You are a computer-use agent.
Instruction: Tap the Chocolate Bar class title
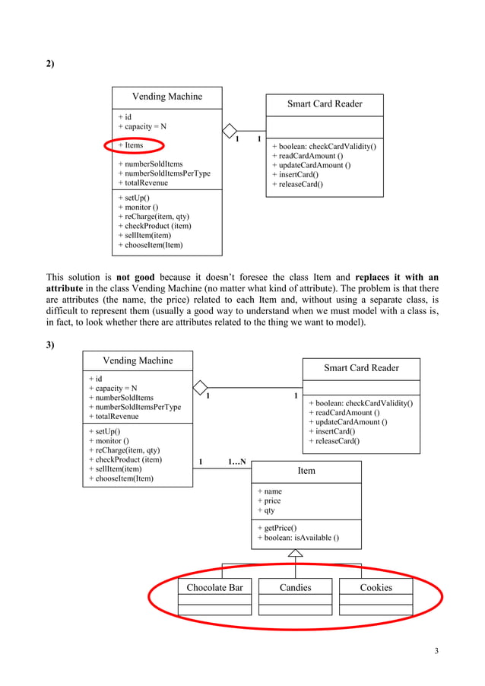tap(214, 587)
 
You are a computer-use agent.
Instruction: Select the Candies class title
tap(295, 587)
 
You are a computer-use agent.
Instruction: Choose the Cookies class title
tap(376, 587)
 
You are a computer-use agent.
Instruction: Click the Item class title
tap(306, 471)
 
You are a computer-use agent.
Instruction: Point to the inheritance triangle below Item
tap(296, 554)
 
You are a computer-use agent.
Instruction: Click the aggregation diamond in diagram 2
tap(230, 130)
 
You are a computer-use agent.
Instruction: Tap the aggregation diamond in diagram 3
tap(200, 387)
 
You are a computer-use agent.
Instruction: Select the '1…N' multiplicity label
tap(237, 462)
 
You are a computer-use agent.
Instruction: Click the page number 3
tap(436, 650)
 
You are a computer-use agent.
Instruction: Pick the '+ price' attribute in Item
tap(269, 501)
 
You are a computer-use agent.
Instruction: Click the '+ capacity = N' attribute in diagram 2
tap(142, 127)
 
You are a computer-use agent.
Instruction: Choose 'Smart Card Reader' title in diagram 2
tap(325, 104)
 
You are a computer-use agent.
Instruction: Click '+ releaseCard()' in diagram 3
tap(334, 441)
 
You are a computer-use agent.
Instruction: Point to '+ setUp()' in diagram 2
tap(134, 198)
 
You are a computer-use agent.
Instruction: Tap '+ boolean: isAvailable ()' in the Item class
tap(298, 538)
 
